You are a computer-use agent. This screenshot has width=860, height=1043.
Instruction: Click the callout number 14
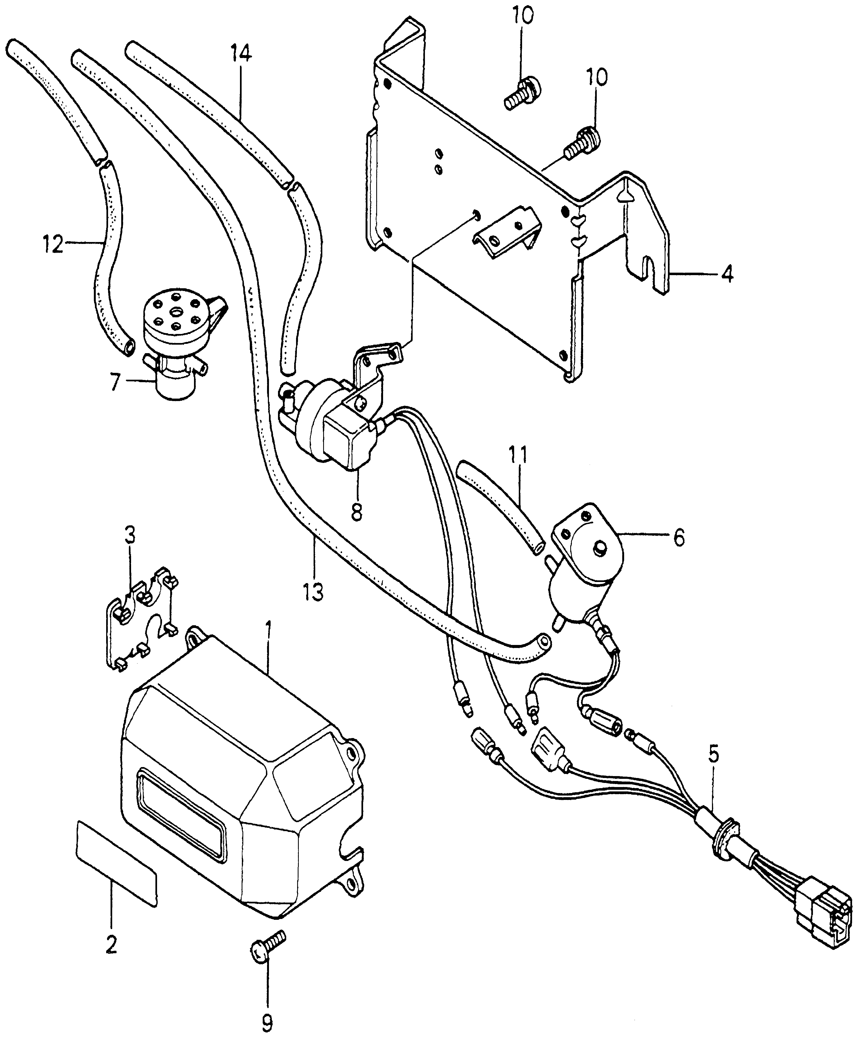[241, 53]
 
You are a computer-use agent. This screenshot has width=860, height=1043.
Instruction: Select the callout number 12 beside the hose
[53, 244]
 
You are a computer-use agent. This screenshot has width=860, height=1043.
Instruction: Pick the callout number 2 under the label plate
[111, 945]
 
